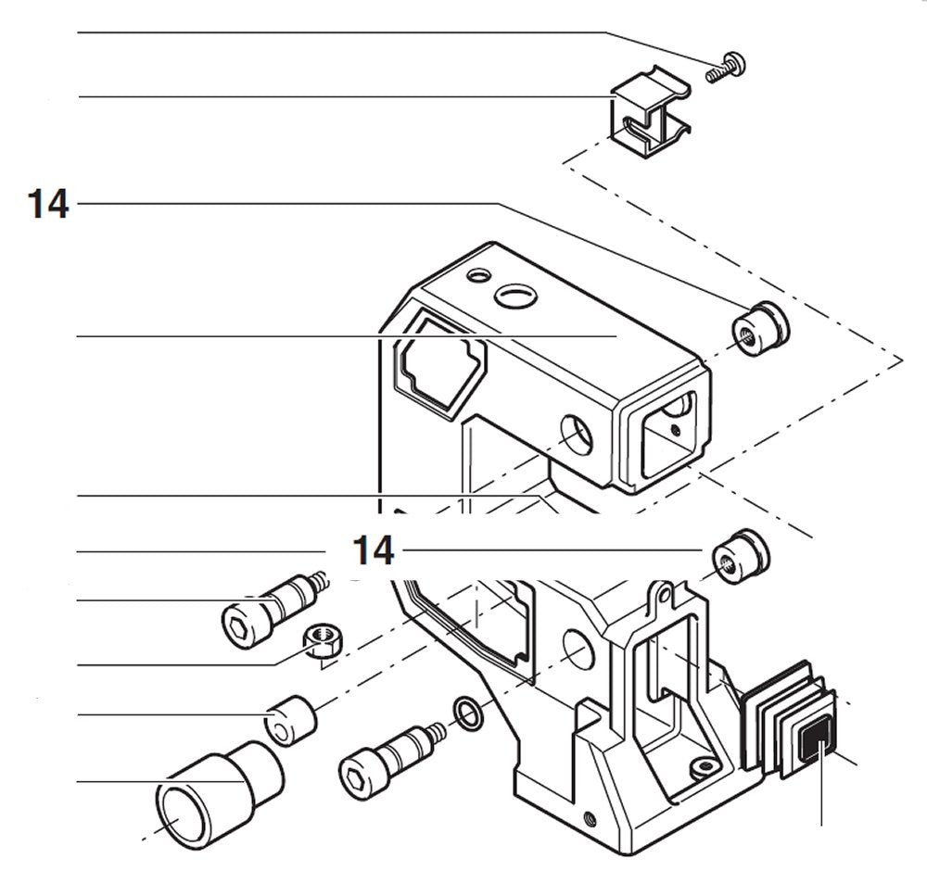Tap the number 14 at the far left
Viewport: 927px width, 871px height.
click(x=48, y=205)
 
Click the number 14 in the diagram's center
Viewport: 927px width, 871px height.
click(x=374, y=551)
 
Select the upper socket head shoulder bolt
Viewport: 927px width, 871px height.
click(x=269, y=608)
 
